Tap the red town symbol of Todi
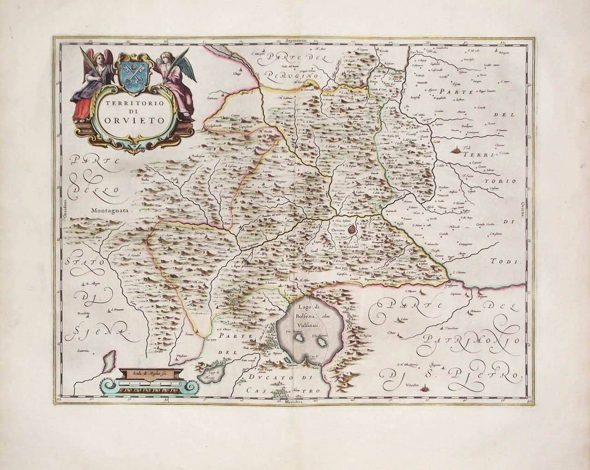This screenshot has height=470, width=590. click(x=457, y=150)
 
